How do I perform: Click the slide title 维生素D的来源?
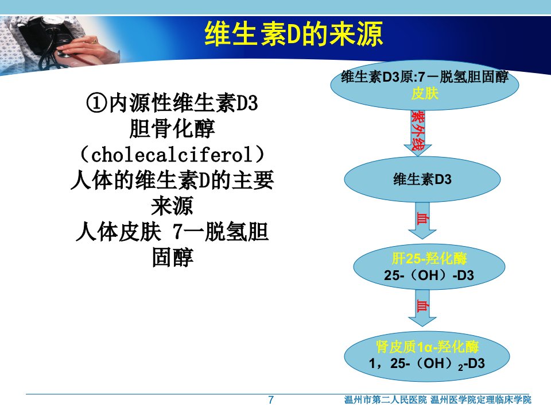[293, 34]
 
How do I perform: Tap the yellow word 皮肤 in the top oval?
[425, 94]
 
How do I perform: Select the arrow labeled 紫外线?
[418, 133]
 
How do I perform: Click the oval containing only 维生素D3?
[422, 179]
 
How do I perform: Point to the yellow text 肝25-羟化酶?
[429, 259]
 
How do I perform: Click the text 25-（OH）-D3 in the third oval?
[429, 275]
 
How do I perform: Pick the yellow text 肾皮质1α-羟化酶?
[427, 347]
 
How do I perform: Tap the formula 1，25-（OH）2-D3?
[427, 363]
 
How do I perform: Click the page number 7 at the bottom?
[271, 400]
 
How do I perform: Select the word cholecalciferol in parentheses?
[172, 155]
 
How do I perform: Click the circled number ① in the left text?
[96, 103]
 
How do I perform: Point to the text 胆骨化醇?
[172, 128]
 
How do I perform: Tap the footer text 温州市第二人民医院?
[385, 400]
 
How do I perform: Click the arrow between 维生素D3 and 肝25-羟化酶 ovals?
[422, 220]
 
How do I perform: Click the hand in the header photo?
[82, 49]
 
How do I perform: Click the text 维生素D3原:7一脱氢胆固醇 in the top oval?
[425, 76]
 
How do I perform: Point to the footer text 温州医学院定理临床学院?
[481, 400]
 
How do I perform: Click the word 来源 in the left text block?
[172, 206]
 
